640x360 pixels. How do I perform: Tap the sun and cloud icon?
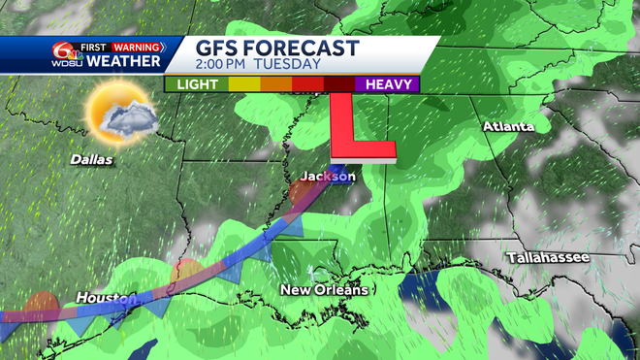120,112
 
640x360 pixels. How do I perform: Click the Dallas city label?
91,158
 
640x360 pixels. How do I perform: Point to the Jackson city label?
328,177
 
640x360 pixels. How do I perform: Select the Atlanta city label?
508,127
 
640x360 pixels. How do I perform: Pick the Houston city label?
102,297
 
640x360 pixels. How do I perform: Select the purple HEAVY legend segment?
388,84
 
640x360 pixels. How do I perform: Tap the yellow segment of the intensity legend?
245,84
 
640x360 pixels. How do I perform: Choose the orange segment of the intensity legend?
277,84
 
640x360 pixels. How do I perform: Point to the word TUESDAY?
290,65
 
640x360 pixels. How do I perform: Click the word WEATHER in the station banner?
124,62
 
